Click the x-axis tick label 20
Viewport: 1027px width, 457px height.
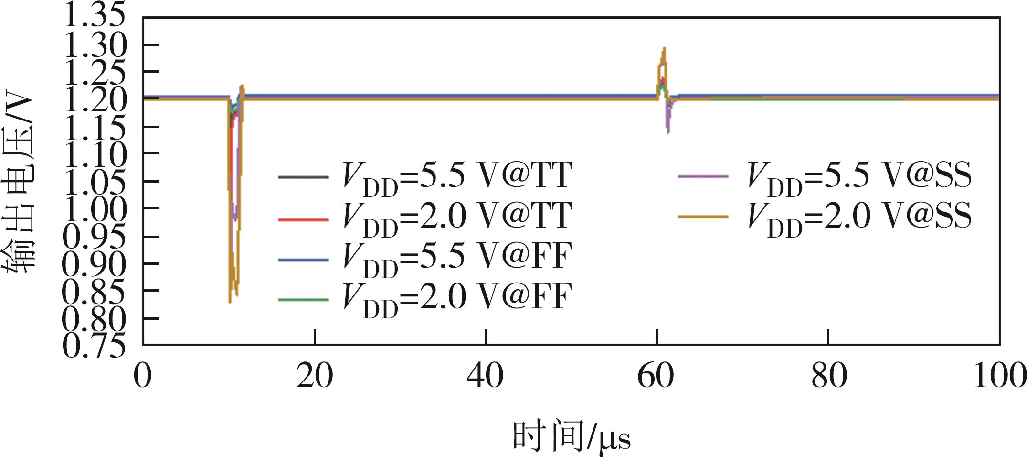pyautogui.click(x=314, y=376)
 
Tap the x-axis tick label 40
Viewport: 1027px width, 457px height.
pyautogui.click(x=485, y=376)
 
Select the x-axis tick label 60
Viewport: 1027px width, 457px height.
pyautogui.click(x=656, y=376)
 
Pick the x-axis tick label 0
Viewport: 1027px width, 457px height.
pyautogui.click(x=142, y=376)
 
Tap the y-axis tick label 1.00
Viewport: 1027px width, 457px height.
pyautogui.click(x=94, y=208)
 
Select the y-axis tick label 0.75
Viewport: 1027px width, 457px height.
pyautogui.click(x=94, y=345)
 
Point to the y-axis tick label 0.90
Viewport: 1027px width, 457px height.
pyautogui.click(x=94, y=263)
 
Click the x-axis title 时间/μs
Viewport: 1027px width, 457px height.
pyautogui.click(x=572, y=436)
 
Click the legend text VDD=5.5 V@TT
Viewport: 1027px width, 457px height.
pyautogui.click(x=457, y=178)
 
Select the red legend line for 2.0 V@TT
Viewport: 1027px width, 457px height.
pyautogui.click(x=303, y=220)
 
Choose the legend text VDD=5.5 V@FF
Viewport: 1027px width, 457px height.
pyautogui.click(x=457, y=259)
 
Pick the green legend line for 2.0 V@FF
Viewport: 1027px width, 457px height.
pyautogui.click(x=303, y=300)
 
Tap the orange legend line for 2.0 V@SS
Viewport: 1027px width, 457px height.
pyautogui.click(x=703, y=217)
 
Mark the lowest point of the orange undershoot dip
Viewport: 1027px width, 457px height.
pyautogui.click(x=230, y=302)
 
